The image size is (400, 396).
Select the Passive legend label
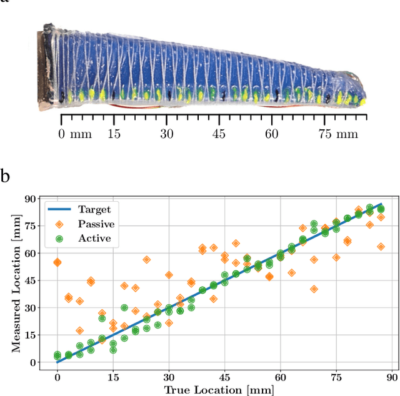tap(96, 224)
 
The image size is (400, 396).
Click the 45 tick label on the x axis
tap(224, 377)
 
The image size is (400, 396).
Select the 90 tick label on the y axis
tap(27, 199)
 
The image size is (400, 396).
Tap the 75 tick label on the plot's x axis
tap(336, 377)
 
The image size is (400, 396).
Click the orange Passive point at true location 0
tap(57, 262)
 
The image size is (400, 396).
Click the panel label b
tap(6, 176)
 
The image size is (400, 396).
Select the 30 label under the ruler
tap(166, 134)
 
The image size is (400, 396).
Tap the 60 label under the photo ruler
tap(271, 134)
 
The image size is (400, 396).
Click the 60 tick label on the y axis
tap(27, 254)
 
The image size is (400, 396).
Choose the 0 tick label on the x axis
tap(57, 377)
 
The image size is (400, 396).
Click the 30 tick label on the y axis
tap(27, 308)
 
